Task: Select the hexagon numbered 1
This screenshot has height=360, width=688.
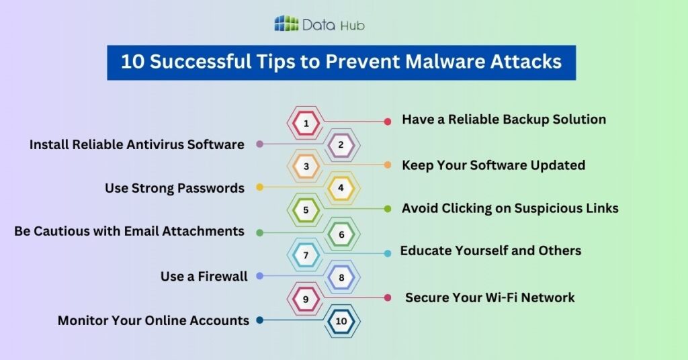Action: click(x=306, y=124)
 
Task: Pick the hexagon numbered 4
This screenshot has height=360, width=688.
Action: click(x=341, y=188)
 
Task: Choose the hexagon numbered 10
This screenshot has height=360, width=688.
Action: click(x=341, y=321)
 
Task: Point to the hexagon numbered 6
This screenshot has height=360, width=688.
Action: click(x=341, y=234)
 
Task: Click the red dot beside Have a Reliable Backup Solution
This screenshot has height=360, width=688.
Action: click(x=388, y=122)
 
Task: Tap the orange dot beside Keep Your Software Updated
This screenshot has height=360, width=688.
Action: click(x=388, y=165)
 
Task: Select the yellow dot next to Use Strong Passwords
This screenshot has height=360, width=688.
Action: click(x=260, y=187)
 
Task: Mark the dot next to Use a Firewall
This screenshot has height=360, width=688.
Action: click(x=260, y=276)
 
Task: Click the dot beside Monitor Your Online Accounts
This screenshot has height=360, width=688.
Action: click(x=260, y=320)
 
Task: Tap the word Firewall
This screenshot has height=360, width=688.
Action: click(x=222, y=276)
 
